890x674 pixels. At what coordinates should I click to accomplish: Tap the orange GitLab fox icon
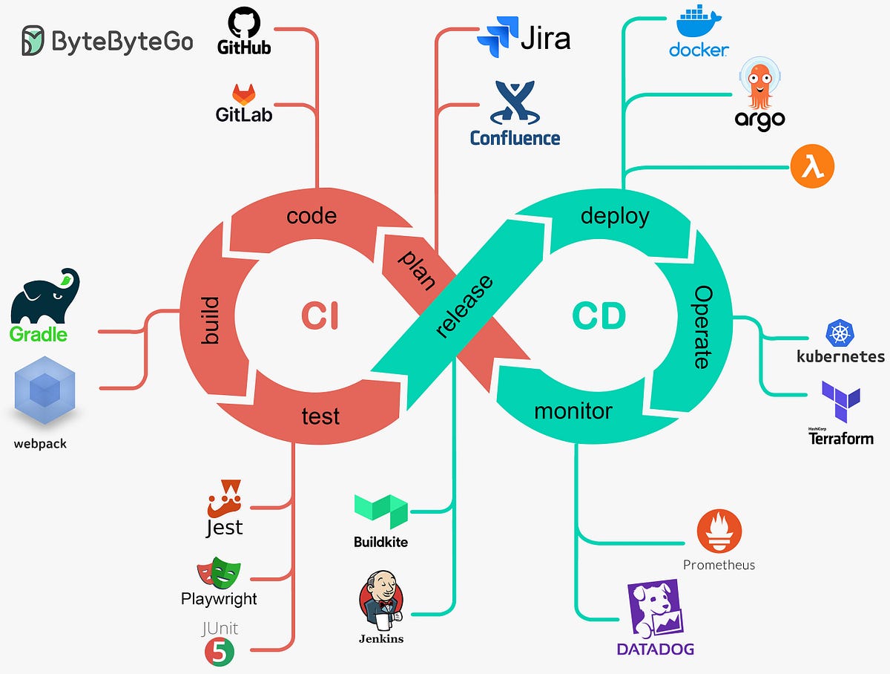(x=243, y=94)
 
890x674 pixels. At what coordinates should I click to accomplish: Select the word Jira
(x=545, y=36)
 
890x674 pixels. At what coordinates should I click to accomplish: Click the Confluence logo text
(x=515, y=138)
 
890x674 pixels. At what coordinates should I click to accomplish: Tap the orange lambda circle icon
(x=812, y=166)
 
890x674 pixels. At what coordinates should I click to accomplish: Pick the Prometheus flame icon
(x=719, y=531)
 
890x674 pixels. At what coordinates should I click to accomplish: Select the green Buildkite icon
(x=380, y=511)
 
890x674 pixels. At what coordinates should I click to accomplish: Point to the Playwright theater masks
(x=219, y=572)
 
